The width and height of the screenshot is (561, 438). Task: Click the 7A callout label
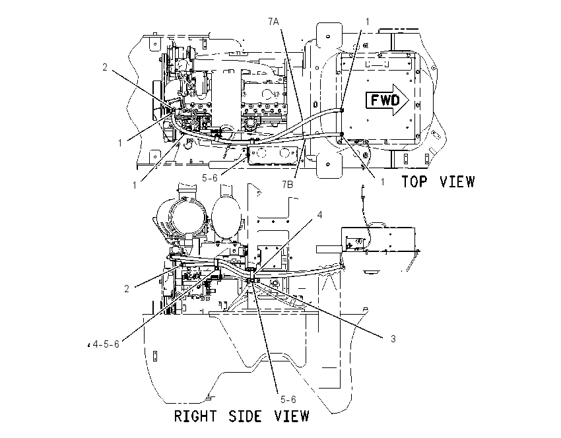coord(273,22)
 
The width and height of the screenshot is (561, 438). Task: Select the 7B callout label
coord(287,185)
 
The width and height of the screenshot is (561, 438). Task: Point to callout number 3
coord(393,338)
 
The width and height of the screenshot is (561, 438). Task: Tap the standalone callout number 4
coord(320,214)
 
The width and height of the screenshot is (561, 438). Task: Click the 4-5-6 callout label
coord(106,344)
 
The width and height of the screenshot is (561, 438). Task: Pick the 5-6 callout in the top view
coord(210,177)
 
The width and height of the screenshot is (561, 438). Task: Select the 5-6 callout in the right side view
coord(288,399)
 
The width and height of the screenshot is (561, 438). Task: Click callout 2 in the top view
coord(105,67)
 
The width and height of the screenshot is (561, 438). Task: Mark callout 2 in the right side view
coord(127,288)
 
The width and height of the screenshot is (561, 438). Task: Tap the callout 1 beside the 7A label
coord(367,22)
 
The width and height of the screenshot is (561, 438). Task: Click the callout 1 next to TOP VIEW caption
coord(382,182)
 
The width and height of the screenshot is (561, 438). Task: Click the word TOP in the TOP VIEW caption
coord(414,181)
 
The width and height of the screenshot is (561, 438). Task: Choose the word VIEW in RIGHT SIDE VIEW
coord(292,416)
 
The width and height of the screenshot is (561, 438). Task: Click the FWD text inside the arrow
coord(385,100)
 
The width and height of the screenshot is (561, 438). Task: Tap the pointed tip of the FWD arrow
coord(409,100)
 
